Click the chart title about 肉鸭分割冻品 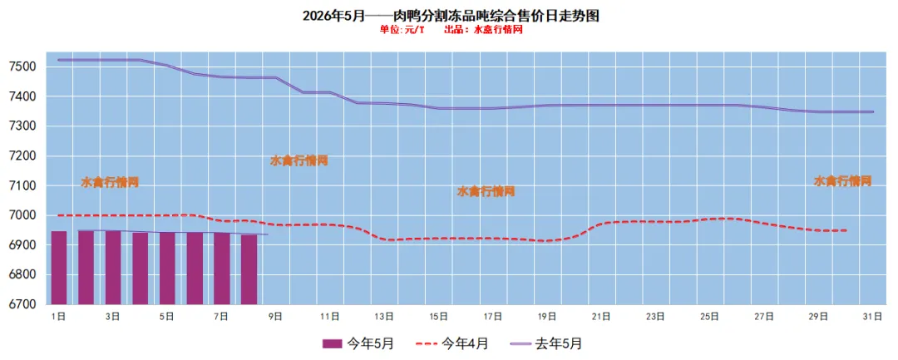[x=451, y=16]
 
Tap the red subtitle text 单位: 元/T [x=402, y=30]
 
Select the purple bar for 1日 [x=59, y=267]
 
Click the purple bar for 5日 [x=167, y=269]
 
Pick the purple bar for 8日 [x=249, y=269]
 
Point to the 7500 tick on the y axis [x=24, y=67]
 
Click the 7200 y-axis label [x=24, y=156]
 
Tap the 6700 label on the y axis [x=24, y=304]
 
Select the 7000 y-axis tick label [x=24, y=216]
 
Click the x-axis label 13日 [x=385, y=315]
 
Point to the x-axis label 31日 [x=874, y=315]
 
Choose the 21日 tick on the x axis [x=603, y=315]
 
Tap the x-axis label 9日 [x=276, y=315]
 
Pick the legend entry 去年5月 [x=546, y=343]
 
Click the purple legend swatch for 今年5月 [x=332, y=343]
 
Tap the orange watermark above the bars [x=110, y=183]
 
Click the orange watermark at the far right [x=842, y=181]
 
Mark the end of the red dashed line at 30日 [x=846, y=230]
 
